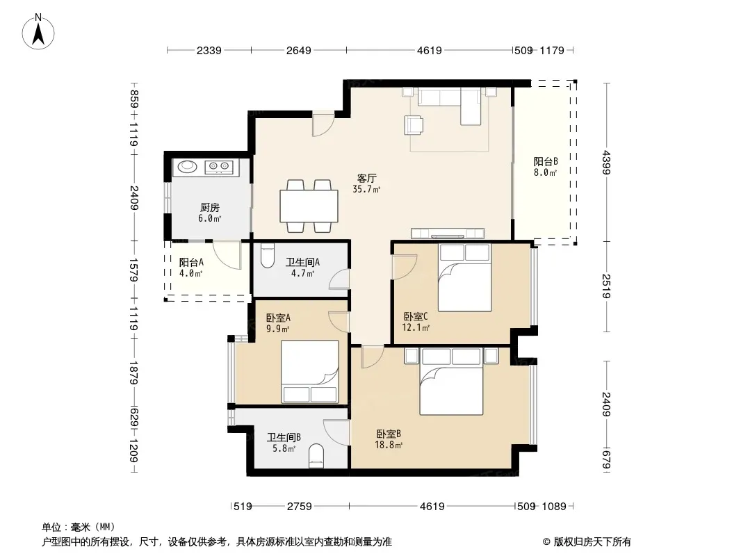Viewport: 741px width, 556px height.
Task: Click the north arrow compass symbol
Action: [38, 32]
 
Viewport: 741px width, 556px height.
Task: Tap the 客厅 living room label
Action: [367, 178]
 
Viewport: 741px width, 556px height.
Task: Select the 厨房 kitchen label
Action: [209, 207]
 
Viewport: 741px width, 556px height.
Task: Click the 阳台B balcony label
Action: [546, 161]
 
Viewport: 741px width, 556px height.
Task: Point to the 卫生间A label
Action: [302, 262]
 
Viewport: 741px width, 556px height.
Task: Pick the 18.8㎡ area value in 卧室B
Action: [389, 445]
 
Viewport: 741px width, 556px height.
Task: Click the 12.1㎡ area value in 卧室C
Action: [416, 327]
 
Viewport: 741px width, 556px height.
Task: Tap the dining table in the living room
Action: [309, 206]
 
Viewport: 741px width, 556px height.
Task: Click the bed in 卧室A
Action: [310, 372]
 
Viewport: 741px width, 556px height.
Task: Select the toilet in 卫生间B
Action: [316, 457]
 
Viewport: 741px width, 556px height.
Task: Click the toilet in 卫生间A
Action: [268, 256]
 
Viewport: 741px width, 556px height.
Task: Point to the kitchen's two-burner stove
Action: [219, 166]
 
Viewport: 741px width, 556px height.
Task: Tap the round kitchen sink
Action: [188, 166]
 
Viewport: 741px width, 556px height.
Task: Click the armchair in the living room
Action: [414, 125]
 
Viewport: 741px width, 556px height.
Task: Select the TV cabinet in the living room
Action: [448, 234]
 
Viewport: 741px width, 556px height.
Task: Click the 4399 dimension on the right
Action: [607, 163]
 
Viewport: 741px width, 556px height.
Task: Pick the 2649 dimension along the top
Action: [299, 50]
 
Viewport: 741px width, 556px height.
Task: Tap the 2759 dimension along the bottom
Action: [300, 507]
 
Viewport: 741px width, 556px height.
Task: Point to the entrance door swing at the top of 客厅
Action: [323, 124]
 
